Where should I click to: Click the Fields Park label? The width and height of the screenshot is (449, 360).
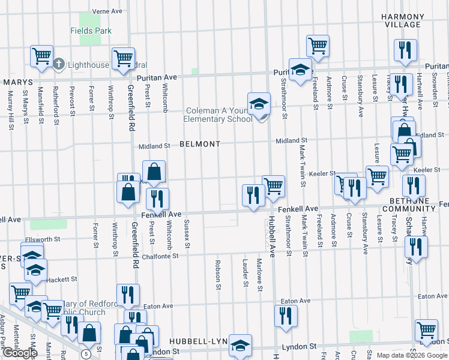pos(91,30)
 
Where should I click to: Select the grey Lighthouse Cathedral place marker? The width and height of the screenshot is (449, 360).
pos(59,64)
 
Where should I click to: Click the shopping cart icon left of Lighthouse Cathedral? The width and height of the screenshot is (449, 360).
pos(42,56)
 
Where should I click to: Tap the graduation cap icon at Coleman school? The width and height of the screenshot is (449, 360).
pos(259,103)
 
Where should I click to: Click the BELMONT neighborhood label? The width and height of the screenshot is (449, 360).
pos(200,145)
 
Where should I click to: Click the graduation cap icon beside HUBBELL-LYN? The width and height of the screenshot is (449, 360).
pos(240,344)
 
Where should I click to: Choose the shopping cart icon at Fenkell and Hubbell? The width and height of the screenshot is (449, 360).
pos(273,185)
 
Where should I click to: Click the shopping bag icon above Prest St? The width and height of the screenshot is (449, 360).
pos(154,171)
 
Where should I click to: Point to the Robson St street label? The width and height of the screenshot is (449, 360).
pos(217,273)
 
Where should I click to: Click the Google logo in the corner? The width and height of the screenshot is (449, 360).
pos(19,353)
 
